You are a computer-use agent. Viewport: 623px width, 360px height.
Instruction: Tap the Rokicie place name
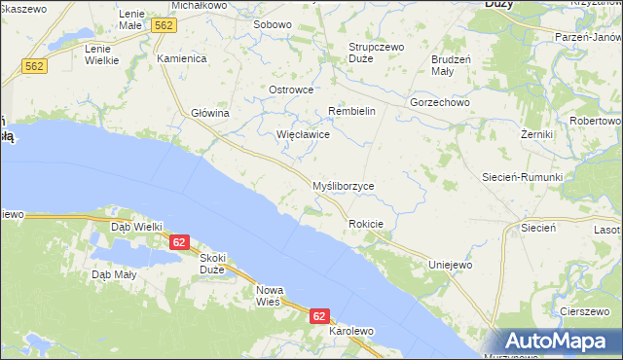point(366,224)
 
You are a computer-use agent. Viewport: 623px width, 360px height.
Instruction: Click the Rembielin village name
point(351,111)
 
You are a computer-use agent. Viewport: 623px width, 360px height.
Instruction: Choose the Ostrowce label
point(290,90)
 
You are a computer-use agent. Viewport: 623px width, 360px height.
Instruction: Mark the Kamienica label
point(182,58)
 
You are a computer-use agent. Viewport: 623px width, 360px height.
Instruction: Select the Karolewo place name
point(351,331)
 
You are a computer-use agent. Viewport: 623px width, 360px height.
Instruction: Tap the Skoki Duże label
point(212,264)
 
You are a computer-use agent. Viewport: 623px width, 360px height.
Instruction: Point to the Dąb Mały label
point(115,274)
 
